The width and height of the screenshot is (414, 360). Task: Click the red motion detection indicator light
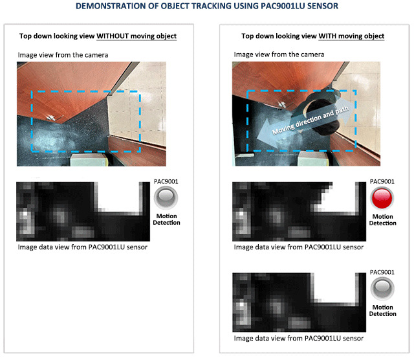[382, 198]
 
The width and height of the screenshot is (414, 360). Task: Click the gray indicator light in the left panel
[166, 197]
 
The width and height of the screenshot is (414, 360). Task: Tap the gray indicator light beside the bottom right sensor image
[382, 289]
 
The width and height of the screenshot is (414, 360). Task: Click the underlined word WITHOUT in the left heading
[113, 36]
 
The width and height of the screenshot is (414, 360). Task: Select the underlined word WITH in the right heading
[327, 36]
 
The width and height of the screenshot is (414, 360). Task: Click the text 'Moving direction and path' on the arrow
[310, 120]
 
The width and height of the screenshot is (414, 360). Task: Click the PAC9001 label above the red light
[382, 181]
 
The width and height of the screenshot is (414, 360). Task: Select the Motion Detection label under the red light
[382, 220]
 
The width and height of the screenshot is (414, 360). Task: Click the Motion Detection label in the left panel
[166, 219]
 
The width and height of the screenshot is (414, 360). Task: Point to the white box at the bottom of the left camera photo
[89, 160]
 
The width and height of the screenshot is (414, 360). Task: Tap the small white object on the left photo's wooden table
[51, 117]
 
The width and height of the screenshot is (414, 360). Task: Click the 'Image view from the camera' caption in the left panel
[63, 55]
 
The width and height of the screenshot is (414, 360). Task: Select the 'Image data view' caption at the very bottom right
[299, 339]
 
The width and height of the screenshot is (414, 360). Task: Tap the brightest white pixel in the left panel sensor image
[25, 213]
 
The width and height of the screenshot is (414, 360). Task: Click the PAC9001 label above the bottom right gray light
[382, 272]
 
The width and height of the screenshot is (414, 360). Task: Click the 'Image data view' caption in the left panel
[83, 247]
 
